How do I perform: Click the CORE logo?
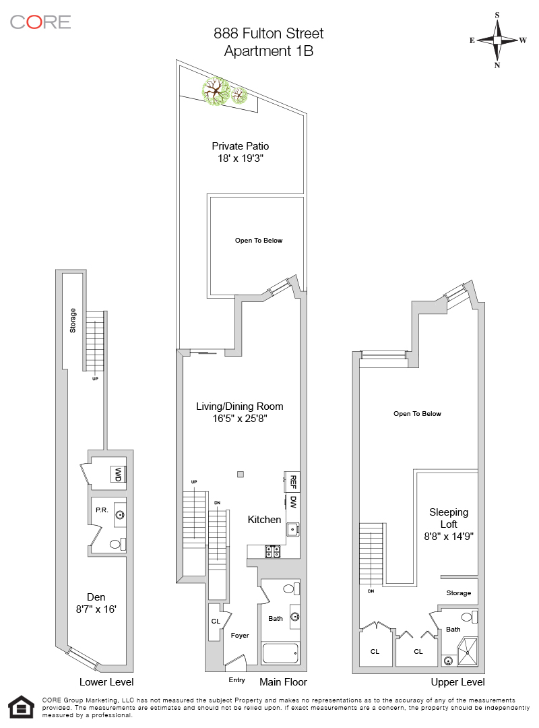click(x=40, y=22)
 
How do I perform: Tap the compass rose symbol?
click(x=497, y=40)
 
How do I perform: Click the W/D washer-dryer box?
click(x=119, y=475)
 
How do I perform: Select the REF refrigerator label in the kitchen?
click(x=292, y=482)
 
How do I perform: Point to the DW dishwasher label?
click(x=293, y=502)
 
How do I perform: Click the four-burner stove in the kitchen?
click(x=272, y=551)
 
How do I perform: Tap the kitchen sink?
click(x=292, y=528)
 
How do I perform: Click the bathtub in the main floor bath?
click(x=280, y=653)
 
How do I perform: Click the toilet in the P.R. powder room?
click(x=118, y=544)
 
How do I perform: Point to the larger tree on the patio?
click(x=216, y=92)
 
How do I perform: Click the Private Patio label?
click(x=241, y=146)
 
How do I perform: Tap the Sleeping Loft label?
click(x=449, y=518)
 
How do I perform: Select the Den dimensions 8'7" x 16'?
click(x=96, y=609)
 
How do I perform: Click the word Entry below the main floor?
click(x=236, y=679)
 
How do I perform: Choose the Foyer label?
click(x=240, y=636)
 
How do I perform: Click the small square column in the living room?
click(x=241, y=474)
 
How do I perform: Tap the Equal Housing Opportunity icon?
click(x=22, y=707)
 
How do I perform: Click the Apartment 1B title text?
click(x=269, y=51)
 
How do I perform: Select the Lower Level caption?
click(x=106, y=682)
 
